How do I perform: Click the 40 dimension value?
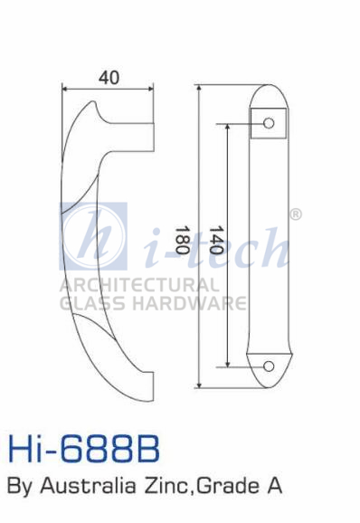click(x=109, y=78)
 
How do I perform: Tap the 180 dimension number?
click(x=182, y=240)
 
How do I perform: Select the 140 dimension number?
click(x=215, y=240)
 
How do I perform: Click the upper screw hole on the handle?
click(x=269, y=123)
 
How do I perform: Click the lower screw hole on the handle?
click(x=269, y=366)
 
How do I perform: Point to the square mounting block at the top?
click(x=269, y=123)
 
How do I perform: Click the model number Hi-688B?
click(x=83, y=449)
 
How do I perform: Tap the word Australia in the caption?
click(x=88, y=486)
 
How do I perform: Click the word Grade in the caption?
click(x=226, y=486)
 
